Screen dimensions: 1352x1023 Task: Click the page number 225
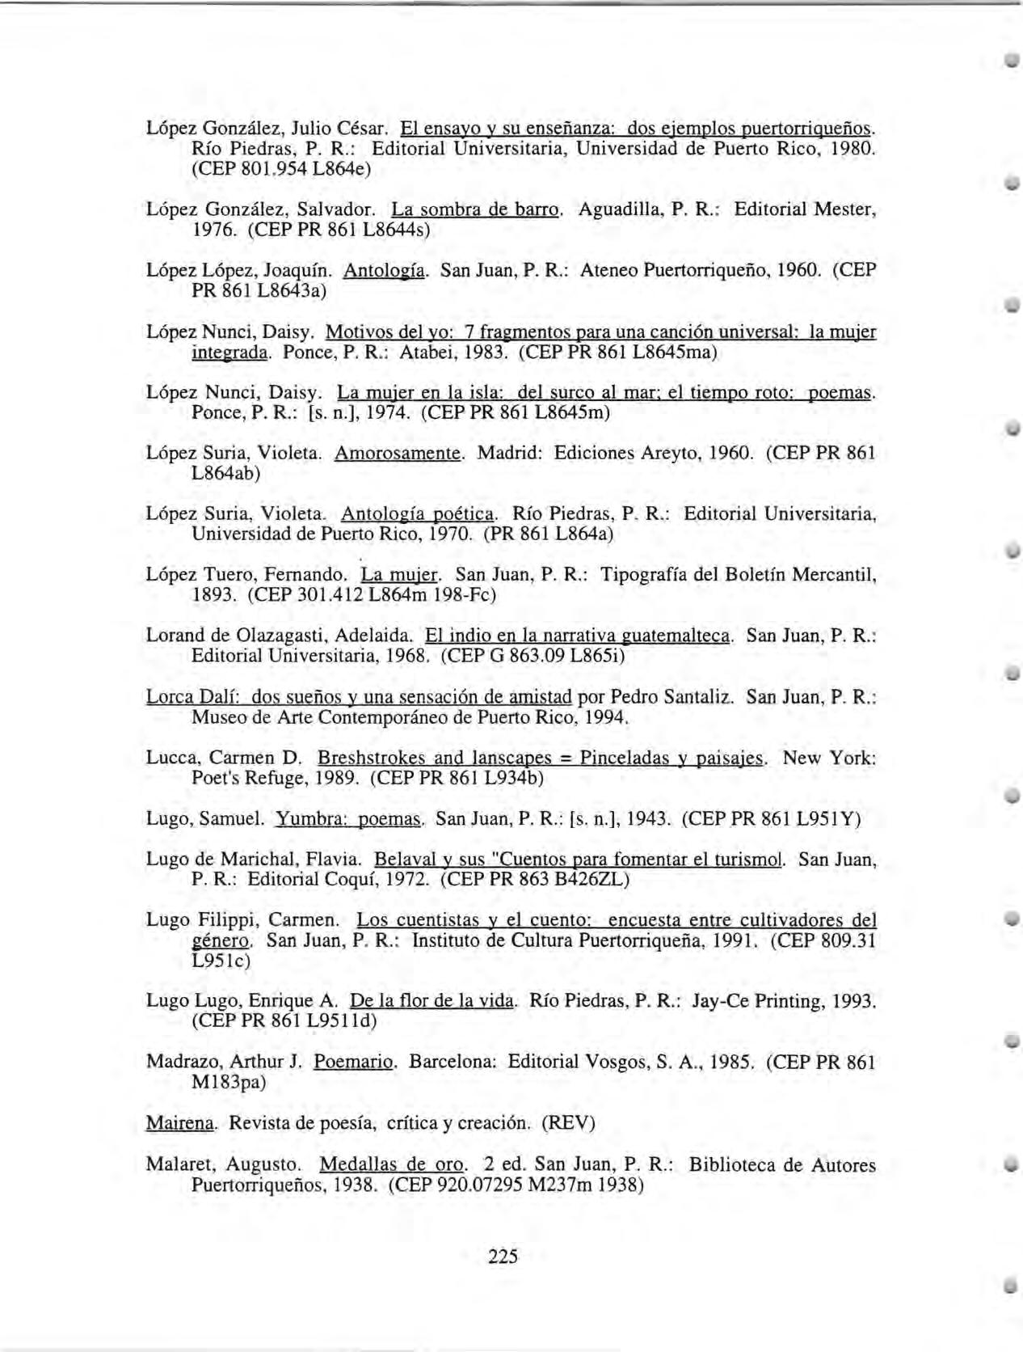(x=503, y=1256)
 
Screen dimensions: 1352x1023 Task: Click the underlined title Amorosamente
(x=398, y=454)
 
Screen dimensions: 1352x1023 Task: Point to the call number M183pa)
(x=229, y=1082)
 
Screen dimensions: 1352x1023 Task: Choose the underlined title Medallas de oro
(x=393, y=1165)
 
